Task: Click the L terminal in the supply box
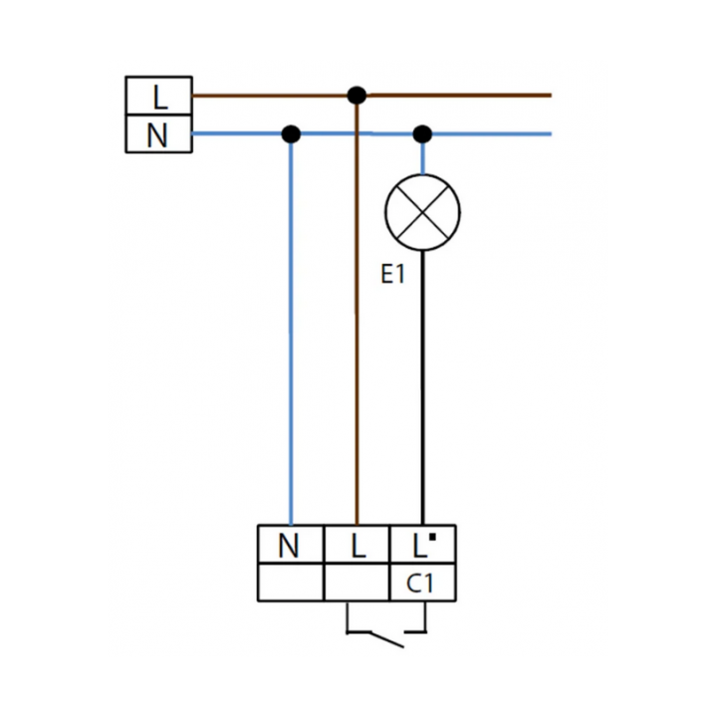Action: [158, 96]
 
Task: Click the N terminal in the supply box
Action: [158, 133]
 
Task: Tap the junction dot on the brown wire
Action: [357, 96]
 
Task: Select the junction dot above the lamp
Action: [422, 134]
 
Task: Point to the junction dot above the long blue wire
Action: [291, 134]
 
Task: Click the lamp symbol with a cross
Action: [422, 212]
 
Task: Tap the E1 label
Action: [392, 275]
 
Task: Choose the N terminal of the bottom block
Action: [291, 544]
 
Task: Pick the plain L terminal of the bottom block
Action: [358, 544]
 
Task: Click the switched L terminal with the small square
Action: [423, 544]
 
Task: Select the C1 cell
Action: [423, 583]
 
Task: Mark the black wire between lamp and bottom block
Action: [422, 387]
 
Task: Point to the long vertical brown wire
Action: [358, 310]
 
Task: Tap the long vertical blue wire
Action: [291, 330]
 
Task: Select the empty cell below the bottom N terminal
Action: [291, 583]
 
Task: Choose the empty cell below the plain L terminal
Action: [358, 583]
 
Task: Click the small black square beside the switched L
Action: [432, 538]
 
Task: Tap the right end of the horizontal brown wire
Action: [551, 96]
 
